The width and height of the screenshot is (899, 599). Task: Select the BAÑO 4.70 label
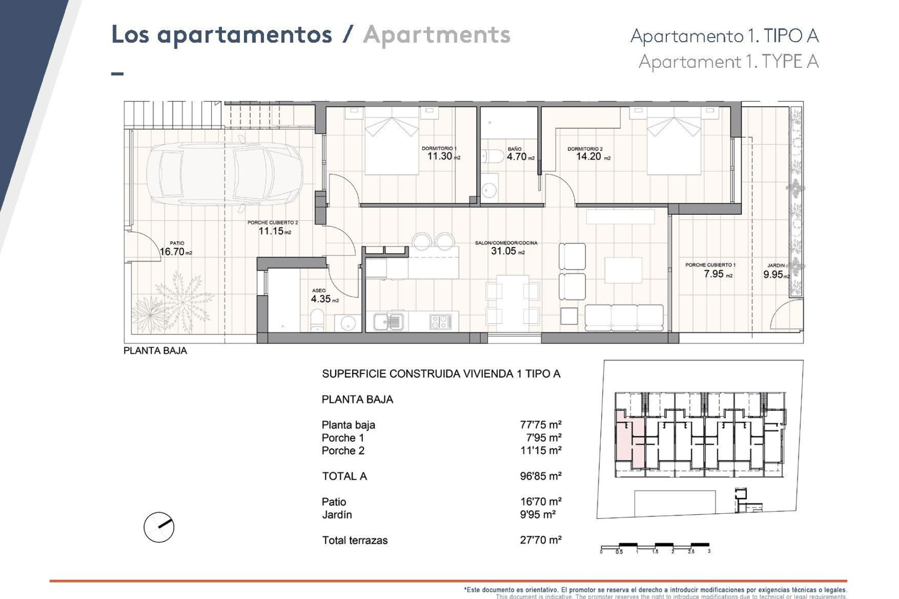517,157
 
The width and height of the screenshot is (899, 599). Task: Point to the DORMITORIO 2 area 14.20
589,156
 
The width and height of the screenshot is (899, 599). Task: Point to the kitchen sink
388,321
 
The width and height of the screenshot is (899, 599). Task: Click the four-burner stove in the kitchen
441,321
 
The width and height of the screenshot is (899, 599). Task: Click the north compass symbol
159,527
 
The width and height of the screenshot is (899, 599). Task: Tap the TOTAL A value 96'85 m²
540,476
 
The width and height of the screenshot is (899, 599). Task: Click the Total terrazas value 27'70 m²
540,540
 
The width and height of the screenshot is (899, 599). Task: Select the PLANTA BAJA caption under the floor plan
155,351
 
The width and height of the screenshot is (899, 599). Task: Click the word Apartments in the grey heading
436,35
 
